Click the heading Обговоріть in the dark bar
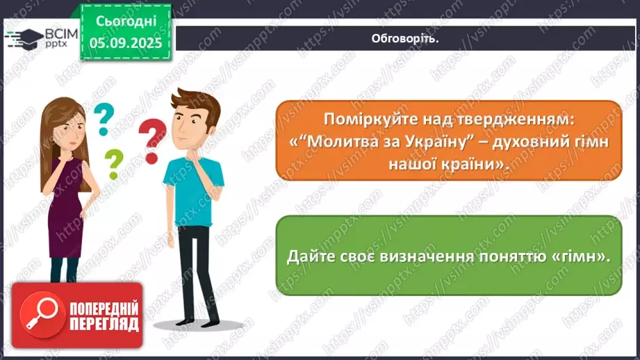pyautogui.click(x=405, y=38)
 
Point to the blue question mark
pyautogui.click(x=104, y=119)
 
